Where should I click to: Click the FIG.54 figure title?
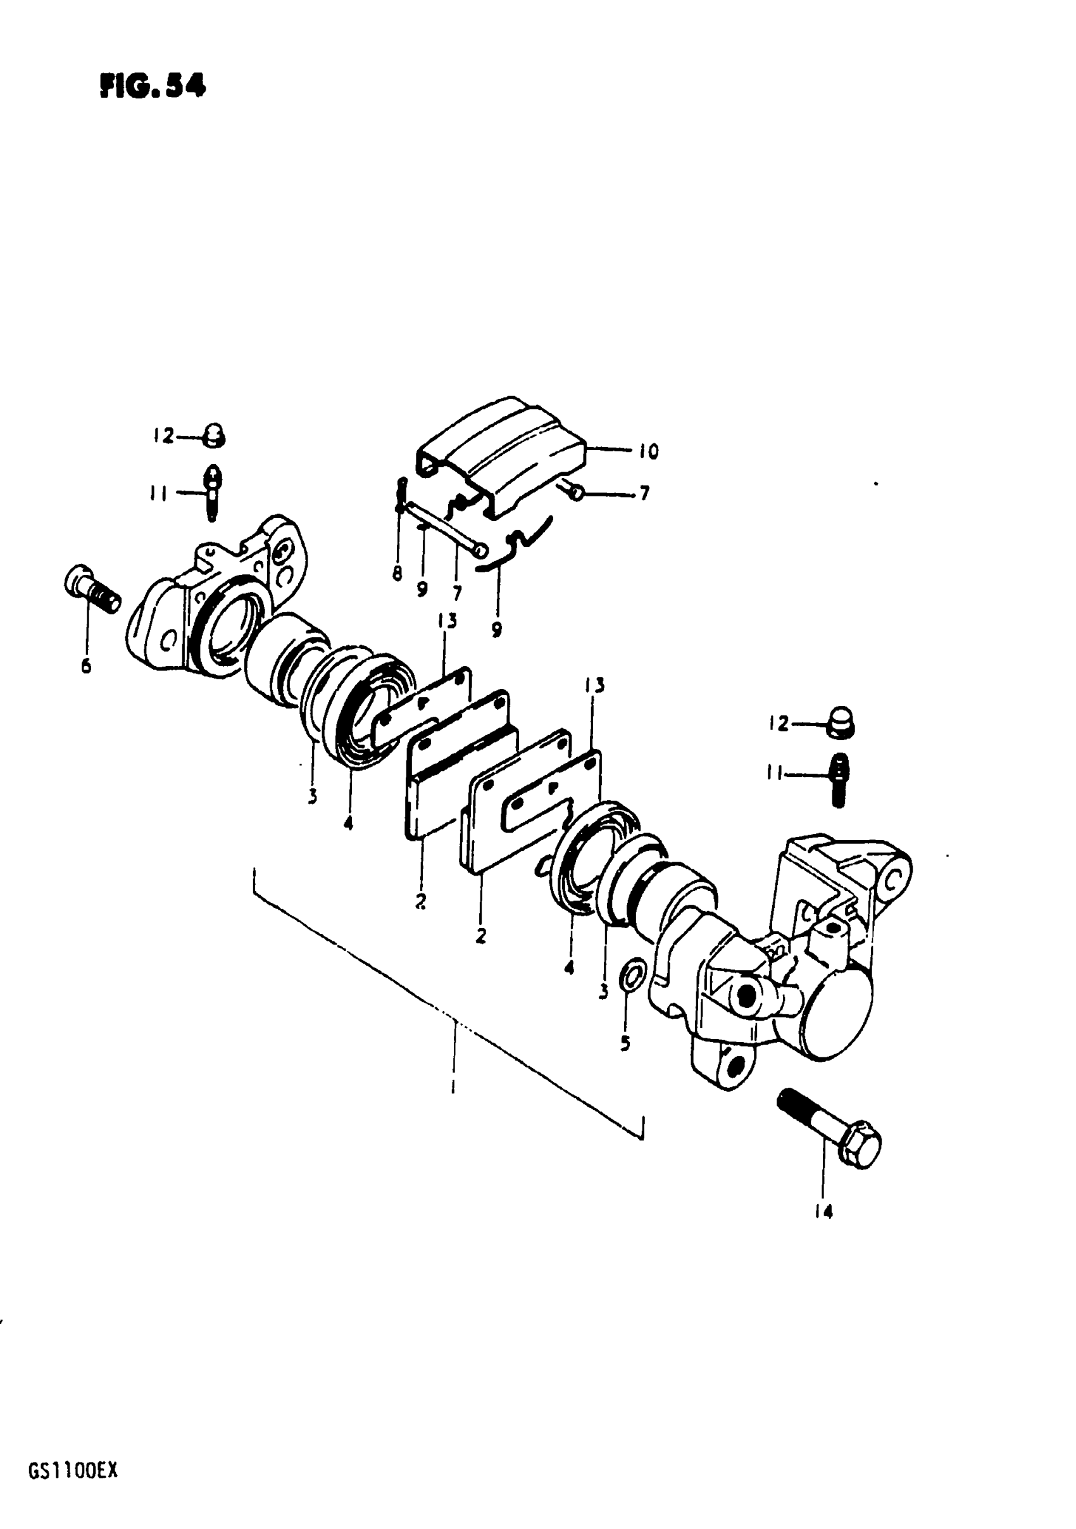point(153,85)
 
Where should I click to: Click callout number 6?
point(86,666)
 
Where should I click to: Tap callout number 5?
point(625,1043)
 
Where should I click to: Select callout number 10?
point(648,451)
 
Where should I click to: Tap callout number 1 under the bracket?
point(453,1088)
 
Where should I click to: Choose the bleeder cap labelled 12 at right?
point(842,723)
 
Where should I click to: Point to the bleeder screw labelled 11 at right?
point(839,779)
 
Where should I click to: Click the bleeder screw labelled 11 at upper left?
point(213,493)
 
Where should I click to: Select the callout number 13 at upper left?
point(447,621)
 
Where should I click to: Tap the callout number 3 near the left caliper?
point(312,796)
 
